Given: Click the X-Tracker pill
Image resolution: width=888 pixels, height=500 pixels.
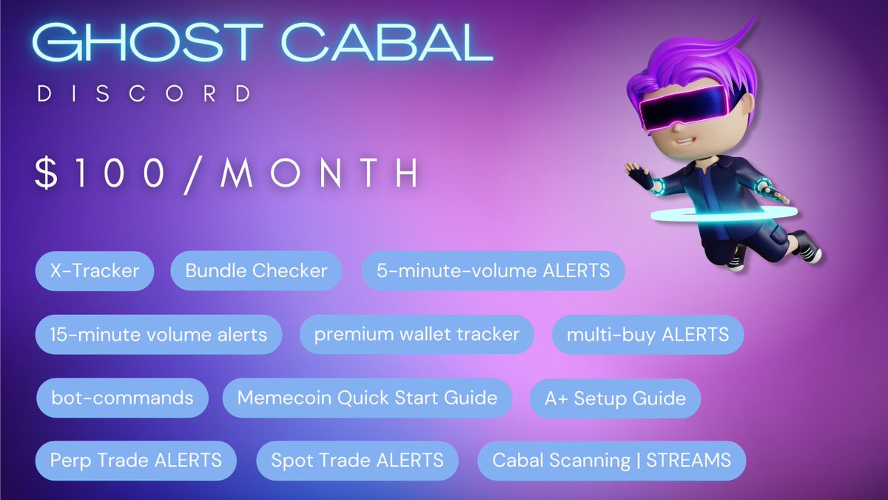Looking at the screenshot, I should (95, 271).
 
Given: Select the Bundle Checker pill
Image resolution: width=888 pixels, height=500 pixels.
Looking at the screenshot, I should (256, 271).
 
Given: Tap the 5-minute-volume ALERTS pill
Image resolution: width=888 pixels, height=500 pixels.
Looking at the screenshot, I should (493, 271).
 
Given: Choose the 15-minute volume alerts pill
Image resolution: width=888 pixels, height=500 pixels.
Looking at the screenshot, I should (158, 335).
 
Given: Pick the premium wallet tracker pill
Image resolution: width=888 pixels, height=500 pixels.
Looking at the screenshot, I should (417, 335).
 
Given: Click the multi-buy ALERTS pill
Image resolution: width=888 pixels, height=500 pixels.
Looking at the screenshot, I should (647, 335).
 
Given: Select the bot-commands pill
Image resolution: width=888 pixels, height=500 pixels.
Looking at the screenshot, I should (122, 399).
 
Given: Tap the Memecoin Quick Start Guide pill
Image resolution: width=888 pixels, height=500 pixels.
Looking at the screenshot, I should (367, 399).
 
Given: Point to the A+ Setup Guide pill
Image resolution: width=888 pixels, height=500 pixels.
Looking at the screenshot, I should (615, 399).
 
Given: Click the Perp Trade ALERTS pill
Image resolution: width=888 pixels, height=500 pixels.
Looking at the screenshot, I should (136, 461).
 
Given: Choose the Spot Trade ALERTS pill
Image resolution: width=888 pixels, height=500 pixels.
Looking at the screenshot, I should (357, 461).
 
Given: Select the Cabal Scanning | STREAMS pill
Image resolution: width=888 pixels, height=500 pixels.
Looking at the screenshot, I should (611, 461).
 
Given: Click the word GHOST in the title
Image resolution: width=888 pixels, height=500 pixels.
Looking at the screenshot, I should (141, 45).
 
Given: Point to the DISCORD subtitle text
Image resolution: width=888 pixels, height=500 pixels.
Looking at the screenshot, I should (144, 95).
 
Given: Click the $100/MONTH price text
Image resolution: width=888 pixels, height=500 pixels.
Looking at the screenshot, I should (226, 172).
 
